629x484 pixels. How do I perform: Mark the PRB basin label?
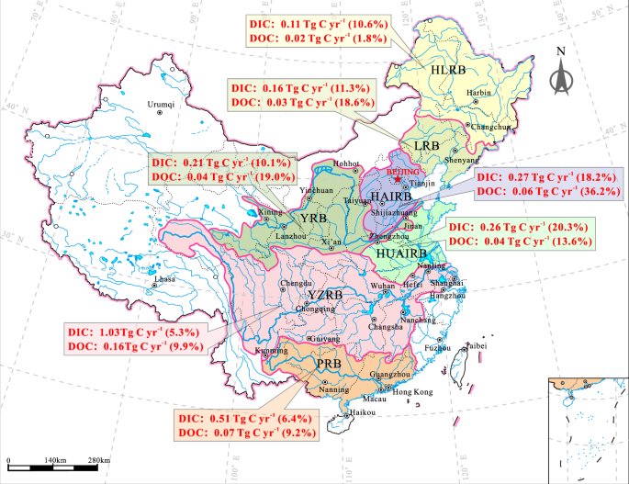click(330, 366)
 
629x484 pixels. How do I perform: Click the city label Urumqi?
click(160, 104)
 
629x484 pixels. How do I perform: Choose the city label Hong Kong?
click(413, 391)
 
